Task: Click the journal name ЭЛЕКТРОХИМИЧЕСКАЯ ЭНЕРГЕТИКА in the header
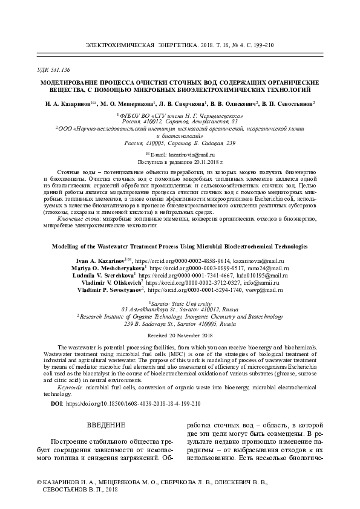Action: pyautogui.click(x=142, y=45)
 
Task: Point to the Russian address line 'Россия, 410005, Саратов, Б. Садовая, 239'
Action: pyautogui.click(x=180, y=143)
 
